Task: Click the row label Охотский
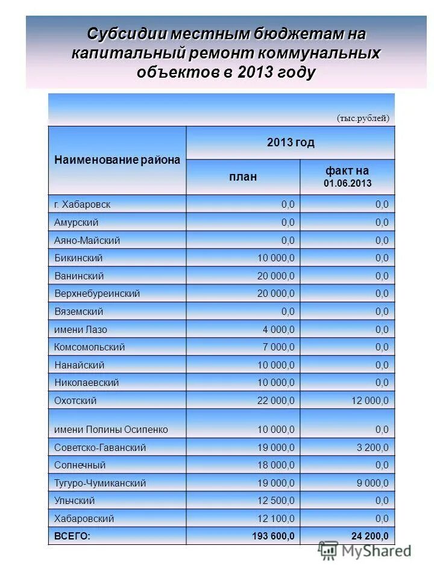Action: (x=75, y=400)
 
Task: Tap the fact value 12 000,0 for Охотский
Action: (x=365, y=400)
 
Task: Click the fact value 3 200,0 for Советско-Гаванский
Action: (x=370, y=447)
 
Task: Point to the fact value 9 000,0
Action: (x=370, y=483)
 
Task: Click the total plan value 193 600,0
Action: (x=273, y=536)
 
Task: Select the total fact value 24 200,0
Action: (x=370, y=536)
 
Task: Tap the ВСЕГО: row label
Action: (x=72, y=536)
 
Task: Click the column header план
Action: (x=242, y=176)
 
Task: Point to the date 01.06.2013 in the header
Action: (x=347, y=183)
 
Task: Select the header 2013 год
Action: (x=291, y=143)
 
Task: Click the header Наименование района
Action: (x=117, y=160)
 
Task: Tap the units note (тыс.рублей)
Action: (x=363, y=118)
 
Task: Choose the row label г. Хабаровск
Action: (x=82, y=204)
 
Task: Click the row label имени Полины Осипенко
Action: (x=111, y=430)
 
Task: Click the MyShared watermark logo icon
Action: (x=329, y=550)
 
